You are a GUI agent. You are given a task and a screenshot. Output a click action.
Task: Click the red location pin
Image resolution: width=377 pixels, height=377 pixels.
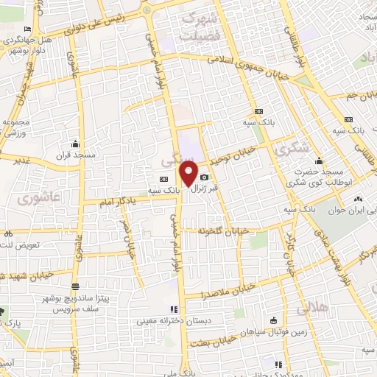188,174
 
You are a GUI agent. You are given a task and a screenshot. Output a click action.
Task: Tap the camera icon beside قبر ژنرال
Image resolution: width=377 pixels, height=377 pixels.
204,177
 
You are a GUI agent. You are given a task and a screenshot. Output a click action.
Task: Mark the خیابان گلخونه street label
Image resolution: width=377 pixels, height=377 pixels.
220,230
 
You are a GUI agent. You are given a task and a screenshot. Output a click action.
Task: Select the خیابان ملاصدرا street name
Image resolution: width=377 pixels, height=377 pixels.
230,290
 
